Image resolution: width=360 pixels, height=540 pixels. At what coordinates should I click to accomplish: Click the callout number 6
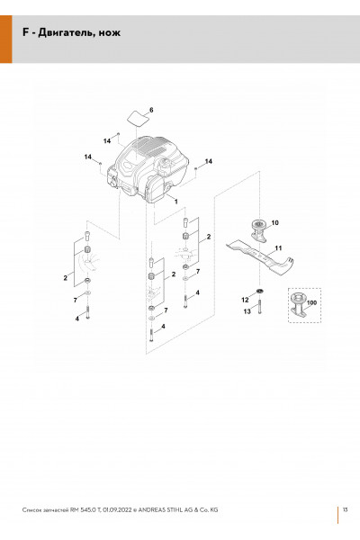tap(151, 110)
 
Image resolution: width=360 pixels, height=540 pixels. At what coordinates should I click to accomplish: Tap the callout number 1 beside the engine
tap(176, 202)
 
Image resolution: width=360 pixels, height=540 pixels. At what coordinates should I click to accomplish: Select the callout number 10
tap(274, 223)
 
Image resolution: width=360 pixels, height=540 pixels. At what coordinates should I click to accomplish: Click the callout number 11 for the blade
tap(278, 248)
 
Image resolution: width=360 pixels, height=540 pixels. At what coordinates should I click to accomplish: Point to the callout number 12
tap(245, 300)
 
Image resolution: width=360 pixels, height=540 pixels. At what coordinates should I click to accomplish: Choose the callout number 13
tap(247, 311)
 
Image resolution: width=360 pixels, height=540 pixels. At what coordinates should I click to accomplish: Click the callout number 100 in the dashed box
tap(311, 302)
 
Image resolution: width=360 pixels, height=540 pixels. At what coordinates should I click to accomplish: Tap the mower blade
tap(261, 256)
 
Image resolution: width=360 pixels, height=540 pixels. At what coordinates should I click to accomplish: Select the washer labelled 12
tap(260, 292)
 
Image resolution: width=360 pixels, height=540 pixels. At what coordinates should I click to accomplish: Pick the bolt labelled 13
tap(259, 307)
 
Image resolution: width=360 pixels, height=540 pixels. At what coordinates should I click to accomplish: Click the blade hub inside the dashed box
tap(298, 304)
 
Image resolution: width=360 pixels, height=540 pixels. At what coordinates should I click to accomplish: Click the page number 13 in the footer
tap(346, 509)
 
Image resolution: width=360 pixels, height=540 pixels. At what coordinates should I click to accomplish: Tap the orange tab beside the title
tap(6, 39)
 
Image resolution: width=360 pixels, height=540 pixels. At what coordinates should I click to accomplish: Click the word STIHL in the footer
tap(175, 509)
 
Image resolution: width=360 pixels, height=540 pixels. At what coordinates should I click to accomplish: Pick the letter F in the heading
tap(25, 32)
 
